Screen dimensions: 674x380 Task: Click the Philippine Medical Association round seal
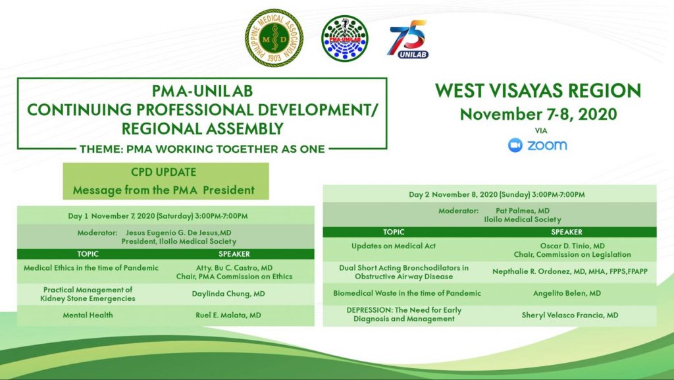274,38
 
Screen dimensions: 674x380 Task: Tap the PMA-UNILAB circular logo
345,38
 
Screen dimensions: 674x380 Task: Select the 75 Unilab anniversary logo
408,39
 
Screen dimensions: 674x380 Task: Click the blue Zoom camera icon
515,146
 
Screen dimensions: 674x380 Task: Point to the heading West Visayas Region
538,91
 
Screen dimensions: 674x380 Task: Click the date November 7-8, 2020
538,114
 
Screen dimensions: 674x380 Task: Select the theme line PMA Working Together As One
202,149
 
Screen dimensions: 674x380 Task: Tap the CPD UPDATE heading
163,172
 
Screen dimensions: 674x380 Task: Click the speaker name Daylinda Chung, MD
228,294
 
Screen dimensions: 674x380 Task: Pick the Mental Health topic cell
88,315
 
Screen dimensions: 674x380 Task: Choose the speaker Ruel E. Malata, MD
228,315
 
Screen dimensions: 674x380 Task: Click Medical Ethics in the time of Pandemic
91,268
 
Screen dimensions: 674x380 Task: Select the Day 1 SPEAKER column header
234,254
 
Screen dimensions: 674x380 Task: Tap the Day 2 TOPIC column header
394,232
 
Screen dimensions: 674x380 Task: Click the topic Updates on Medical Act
394,246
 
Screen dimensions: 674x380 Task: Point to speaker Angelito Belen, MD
567,294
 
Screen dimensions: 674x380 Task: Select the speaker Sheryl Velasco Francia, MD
570,315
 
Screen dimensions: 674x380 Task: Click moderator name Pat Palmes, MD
522,211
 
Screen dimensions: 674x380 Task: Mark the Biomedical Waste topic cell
407,294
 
